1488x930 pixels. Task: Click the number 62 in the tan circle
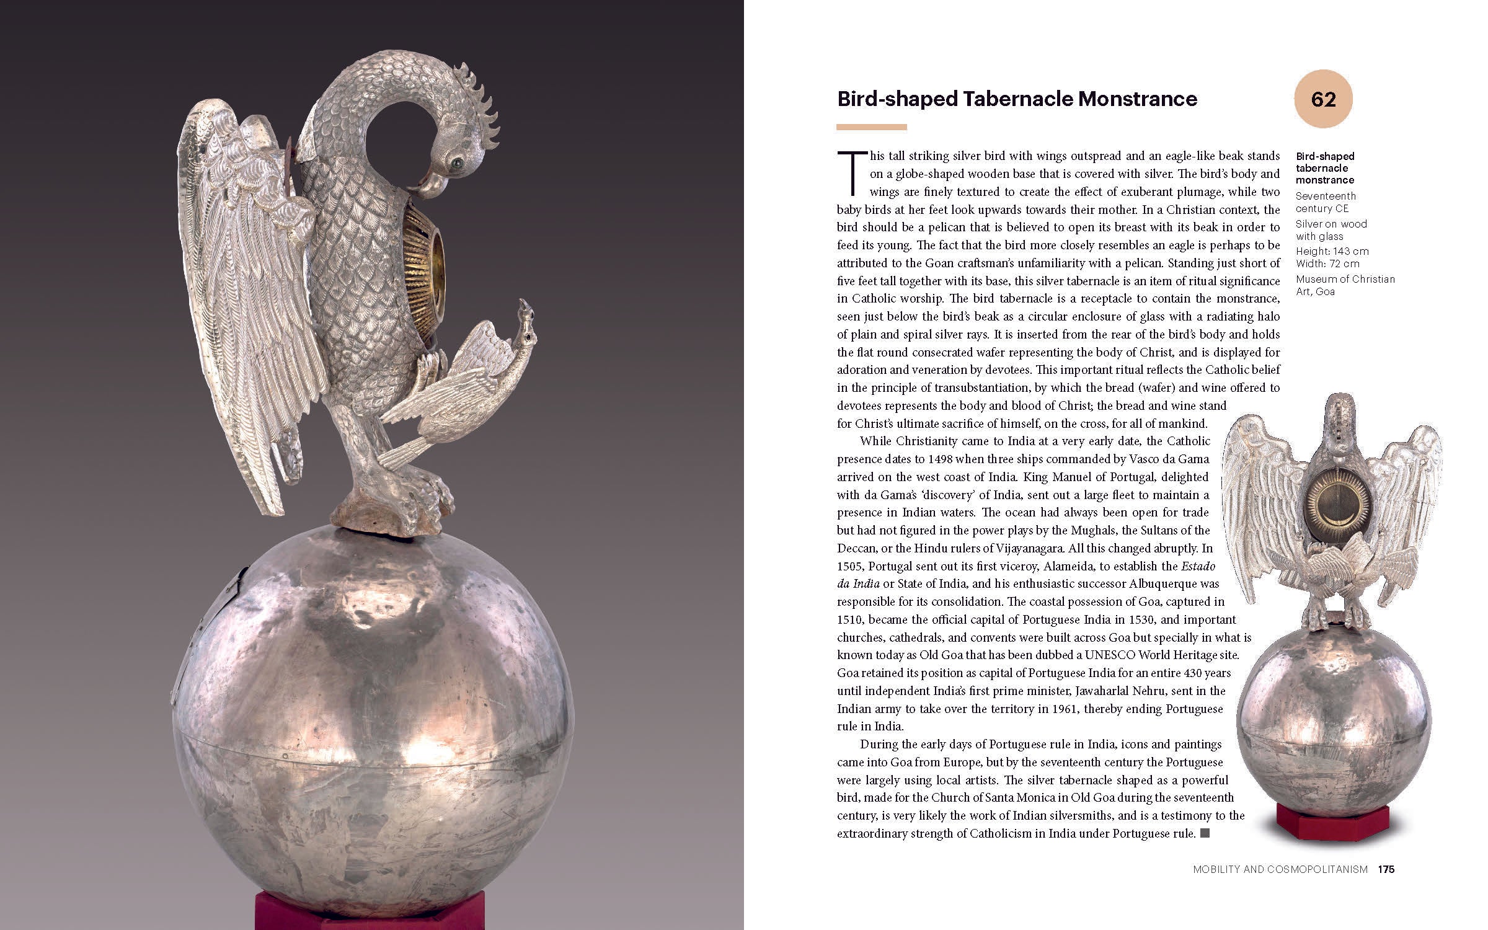(x=1323, y=99)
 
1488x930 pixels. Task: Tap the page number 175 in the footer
(x=1386, y=869)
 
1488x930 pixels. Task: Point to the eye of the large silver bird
(x=458, y=162)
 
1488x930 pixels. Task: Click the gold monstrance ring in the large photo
(x=428, y=257)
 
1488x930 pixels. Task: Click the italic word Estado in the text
(x=1198, y=566)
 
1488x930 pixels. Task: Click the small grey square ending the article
(x=1205, y=833)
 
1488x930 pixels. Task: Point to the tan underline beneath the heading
(x=871, y=127)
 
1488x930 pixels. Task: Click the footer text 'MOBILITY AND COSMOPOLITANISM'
(x=1280, y=869)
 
